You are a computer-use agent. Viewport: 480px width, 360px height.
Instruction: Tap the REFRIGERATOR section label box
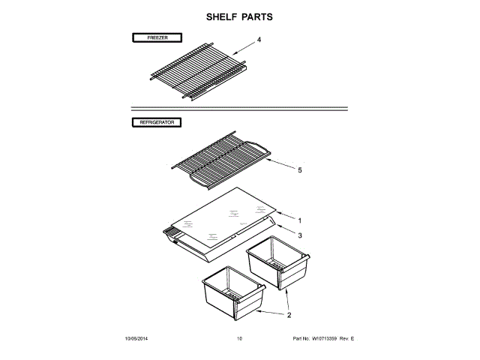[157, 121]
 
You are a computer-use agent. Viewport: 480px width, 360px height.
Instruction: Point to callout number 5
[299, 170]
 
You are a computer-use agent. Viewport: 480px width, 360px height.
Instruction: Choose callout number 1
[299, 220]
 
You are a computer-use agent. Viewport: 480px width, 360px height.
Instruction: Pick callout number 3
[299, 235]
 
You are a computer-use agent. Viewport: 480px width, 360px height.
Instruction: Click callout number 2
[289, 315]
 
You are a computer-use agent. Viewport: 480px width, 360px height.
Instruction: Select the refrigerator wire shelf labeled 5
[221, 157]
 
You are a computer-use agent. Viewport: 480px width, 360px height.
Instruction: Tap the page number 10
[239, 339]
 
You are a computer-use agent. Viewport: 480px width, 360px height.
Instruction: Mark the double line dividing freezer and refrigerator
[240, 109]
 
